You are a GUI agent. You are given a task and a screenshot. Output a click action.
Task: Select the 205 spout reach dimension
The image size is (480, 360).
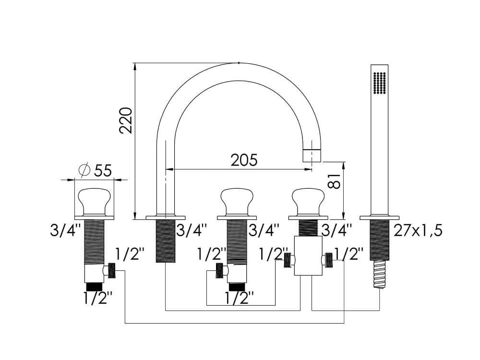tap(244, 160)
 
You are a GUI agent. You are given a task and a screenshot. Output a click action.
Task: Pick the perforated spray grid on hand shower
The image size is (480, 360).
tap(380, 83)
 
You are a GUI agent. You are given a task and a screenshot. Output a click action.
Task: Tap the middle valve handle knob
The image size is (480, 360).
tap(237, 202)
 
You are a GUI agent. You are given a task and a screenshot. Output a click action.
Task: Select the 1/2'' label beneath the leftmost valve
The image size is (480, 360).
tap(98, 298)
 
